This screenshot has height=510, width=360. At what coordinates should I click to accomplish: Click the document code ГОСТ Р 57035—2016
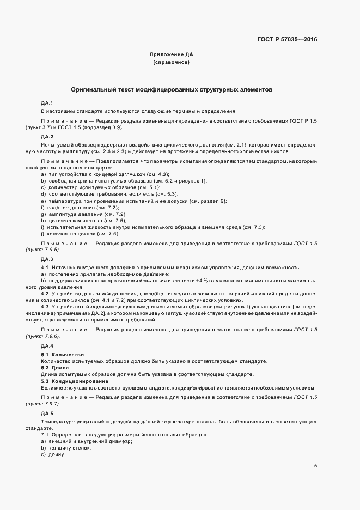[x=287, y=39]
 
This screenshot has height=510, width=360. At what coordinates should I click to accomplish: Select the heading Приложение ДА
[x=172, y=55]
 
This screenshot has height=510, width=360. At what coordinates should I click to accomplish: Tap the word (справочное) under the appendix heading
[x=172, y=63]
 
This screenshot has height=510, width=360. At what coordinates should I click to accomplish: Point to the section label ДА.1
[x=47, y=102]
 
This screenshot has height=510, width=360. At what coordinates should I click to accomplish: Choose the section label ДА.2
[x=47, y=136]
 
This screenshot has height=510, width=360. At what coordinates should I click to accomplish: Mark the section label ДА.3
[x=47, y=259]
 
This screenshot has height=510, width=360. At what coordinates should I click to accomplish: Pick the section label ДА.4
[x=47, y=346]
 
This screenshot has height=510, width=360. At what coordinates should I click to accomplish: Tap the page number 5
[x=316, y=466]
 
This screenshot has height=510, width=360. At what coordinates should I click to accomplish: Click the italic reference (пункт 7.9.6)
[x=42, y=338]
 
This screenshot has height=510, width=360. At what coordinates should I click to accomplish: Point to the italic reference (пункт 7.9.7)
[x=42, y=405]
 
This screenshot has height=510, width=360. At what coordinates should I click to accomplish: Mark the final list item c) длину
[x=53, y=454]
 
